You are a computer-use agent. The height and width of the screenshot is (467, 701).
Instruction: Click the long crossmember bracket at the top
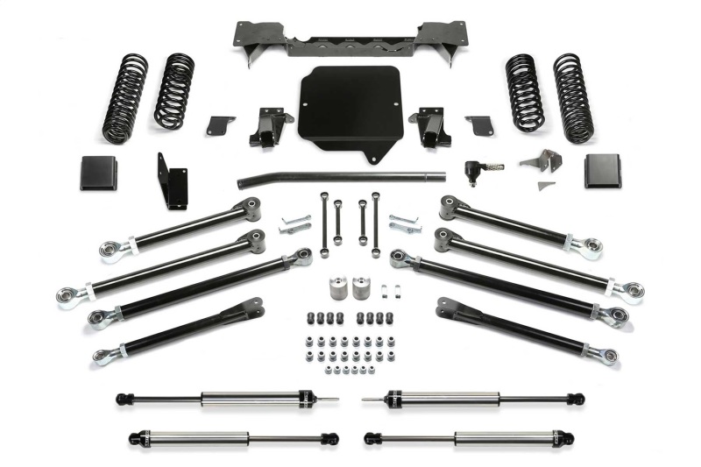click(350, 39)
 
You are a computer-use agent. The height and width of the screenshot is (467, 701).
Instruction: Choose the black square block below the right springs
click(602, 171)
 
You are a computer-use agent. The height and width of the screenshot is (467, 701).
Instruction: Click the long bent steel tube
click(342, 178)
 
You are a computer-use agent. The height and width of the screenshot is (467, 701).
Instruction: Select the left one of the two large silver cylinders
click(336, 290)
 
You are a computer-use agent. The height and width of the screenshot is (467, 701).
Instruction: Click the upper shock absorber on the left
click(219, 400)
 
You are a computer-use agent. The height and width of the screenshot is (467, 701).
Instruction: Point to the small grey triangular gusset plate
click(546, 187)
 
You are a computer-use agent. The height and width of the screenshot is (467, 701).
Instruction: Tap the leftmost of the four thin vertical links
click(323, 220)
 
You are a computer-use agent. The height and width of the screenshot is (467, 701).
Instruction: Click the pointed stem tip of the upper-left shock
click(333, 400)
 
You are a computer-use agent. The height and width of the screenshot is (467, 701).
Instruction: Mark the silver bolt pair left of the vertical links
click(294, 223)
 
